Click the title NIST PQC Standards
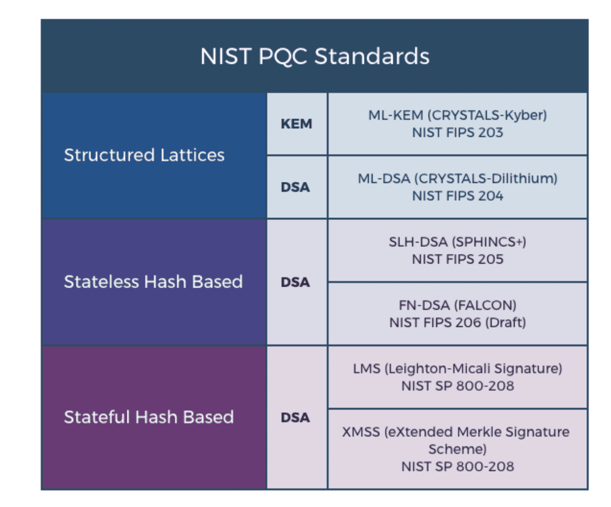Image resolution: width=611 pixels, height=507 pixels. pos(314,56)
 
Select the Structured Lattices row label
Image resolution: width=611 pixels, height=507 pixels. pos(144,155)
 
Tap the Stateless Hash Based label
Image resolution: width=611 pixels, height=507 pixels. pos(153,281)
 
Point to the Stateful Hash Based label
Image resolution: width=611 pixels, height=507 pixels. pos(149,417)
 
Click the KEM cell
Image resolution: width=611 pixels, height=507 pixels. pos(297,124)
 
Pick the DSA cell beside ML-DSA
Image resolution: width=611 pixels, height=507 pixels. pos(295,187)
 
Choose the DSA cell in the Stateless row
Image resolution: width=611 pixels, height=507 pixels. pos(295,282)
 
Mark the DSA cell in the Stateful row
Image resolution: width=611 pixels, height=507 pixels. pos(295,417)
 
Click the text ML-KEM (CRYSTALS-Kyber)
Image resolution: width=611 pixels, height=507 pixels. pos(458,115)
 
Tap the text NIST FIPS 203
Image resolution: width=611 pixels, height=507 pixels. pos(458,133)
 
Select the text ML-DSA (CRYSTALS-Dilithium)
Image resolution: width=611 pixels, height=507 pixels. pos(458,179)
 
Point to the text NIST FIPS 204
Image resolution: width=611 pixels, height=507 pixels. pos(458,196)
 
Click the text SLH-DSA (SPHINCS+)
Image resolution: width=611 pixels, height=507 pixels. pos(458,242)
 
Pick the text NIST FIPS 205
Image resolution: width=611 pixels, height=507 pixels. pos(458,259)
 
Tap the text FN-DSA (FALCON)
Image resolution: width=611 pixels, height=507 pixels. pos(458,305)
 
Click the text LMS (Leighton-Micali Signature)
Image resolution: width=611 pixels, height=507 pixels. pos(458,369)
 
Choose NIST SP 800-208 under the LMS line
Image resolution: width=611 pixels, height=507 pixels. pos(458,386)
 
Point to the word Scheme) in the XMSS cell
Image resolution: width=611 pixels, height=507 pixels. pos(458,449)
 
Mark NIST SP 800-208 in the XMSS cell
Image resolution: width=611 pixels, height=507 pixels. pos(458,466)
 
